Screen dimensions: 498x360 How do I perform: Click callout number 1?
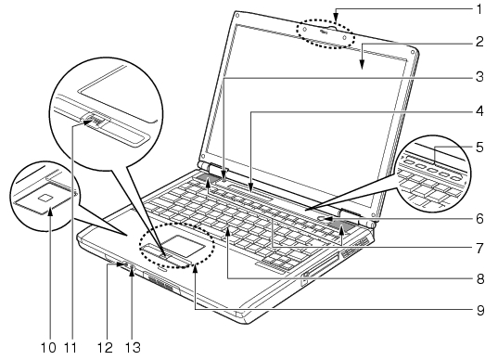479,9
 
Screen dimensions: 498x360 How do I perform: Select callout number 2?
479,42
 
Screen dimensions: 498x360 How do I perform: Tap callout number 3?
479,77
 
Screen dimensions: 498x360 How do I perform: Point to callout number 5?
479,148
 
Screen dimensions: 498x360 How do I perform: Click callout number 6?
479,219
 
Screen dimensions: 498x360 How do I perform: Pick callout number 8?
479,278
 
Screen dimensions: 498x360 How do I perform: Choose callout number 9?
479,310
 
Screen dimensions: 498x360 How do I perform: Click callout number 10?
48,347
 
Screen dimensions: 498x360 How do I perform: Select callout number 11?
70,347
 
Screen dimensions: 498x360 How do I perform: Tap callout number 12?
105,347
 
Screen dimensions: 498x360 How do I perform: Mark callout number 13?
133,347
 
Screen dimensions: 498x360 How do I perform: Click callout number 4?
479,111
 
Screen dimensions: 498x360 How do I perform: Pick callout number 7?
479,248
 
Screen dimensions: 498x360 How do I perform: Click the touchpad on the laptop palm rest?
185,245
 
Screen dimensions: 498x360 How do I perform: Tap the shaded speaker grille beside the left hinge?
207,177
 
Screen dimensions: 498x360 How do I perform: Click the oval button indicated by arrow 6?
322,218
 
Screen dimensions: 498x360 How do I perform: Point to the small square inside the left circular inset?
45,198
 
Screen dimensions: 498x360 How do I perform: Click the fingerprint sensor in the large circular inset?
95,121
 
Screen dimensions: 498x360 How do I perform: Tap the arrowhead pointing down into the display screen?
363,64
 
